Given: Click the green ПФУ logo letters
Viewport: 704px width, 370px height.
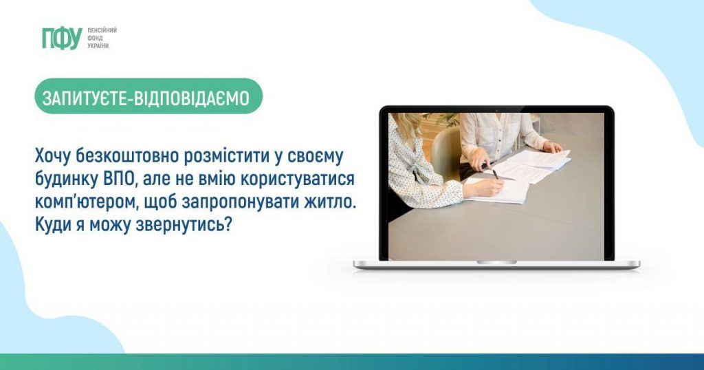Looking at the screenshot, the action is click(62, 38).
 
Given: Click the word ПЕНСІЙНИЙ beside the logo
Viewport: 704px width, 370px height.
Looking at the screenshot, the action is click(102, 30).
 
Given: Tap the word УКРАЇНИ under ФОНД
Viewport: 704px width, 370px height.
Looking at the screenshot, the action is click(98, 46).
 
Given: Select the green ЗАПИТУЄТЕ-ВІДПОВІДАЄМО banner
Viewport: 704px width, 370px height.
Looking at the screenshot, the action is click(148, 96).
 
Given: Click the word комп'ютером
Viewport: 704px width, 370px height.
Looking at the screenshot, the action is click(87, 202).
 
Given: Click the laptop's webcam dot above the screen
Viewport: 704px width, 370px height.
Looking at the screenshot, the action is click(496, 110).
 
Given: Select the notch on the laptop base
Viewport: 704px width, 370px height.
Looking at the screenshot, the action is click(496, 262).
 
